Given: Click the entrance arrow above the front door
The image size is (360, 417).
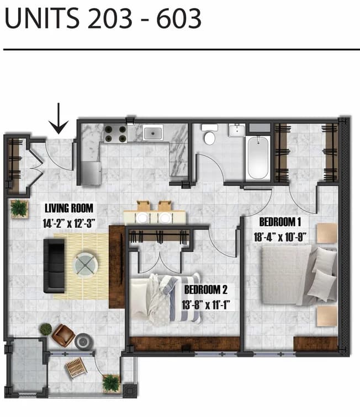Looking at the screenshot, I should tap(59, 119).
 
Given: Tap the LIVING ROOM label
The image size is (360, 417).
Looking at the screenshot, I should tap(69, 209).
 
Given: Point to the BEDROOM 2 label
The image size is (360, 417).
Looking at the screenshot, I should tap(206, 289).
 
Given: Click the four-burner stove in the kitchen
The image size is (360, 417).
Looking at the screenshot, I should tap(115, 133).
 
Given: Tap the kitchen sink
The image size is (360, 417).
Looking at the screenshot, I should tap(153, 133).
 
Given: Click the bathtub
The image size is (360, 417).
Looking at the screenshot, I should tap(258, 156).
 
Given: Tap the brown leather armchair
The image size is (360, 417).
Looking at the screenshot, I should tap(63, 335).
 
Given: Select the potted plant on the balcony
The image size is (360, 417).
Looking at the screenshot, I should tap(112, 382).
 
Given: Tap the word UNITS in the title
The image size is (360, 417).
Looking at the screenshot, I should tap(40, 20).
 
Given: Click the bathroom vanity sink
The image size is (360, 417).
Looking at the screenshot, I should tap(236, 131).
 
